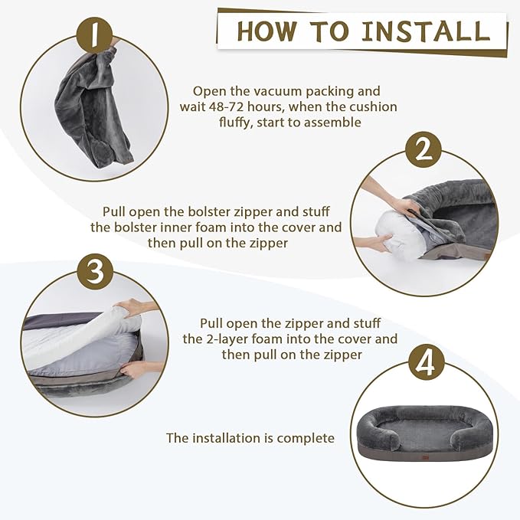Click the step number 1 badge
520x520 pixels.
coord(94,34)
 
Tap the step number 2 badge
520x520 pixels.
coord(424,150)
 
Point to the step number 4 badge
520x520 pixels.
coord(427,363)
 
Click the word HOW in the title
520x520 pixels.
coord(267,31)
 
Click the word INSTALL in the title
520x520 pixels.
coord(426,31)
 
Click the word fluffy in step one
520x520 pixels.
coord(234,123)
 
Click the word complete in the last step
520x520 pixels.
coord(306,438)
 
